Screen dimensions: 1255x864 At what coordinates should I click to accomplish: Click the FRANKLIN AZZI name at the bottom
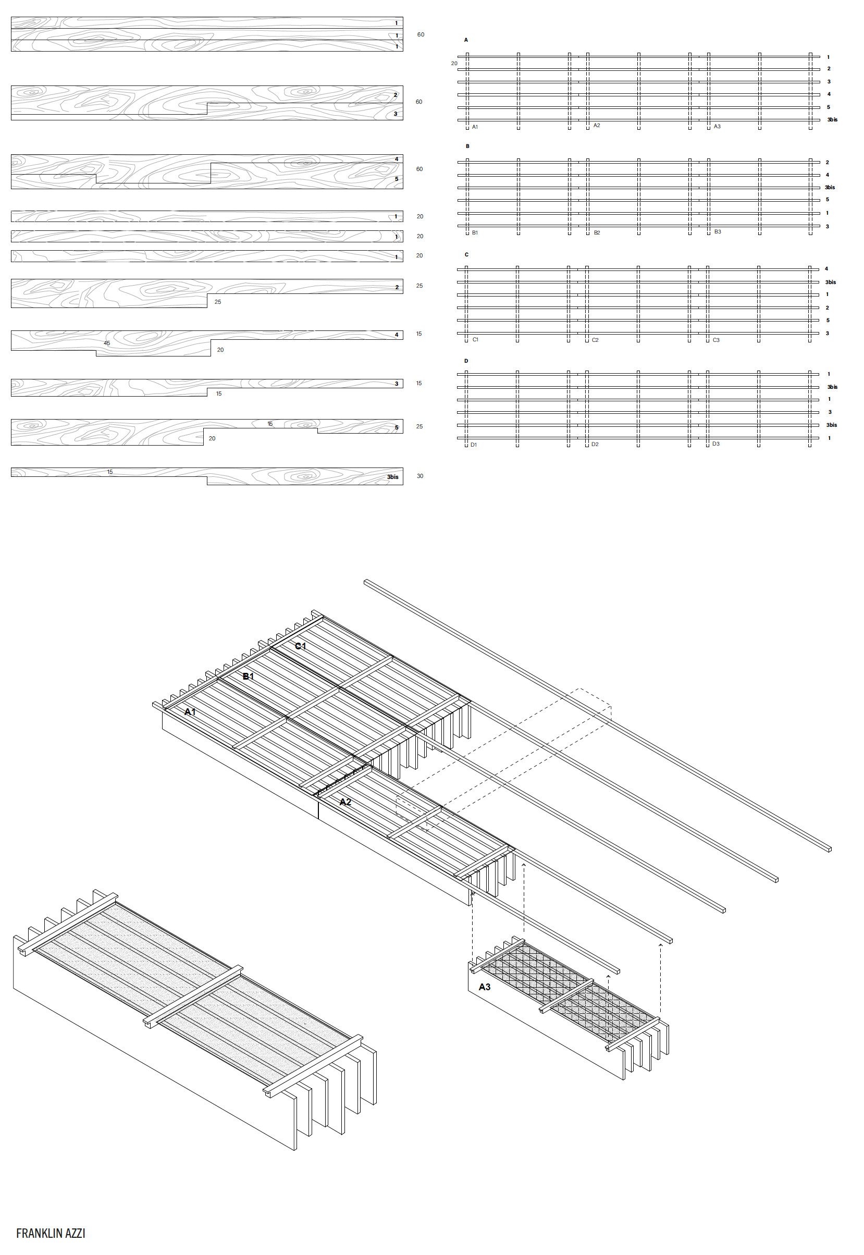51,1233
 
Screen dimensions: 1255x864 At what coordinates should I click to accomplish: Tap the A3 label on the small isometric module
485,987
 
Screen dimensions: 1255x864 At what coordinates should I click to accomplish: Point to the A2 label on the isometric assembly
345,802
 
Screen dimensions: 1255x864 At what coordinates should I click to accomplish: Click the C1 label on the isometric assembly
301,646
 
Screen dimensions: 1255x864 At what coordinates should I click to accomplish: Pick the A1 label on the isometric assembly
190,711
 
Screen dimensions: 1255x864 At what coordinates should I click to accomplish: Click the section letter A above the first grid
466,40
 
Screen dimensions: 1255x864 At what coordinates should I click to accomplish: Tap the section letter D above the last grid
466,361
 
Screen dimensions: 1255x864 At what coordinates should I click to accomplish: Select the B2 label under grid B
597,233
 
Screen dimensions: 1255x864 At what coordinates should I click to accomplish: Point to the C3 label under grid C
716,340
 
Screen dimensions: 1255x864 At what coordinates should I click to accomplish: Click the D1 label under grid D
474,445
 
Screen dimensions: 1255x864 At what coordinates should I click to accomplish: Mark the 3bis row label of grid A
832,120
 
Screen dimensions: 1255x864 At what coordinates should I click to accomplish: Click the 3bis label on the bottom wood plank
392,477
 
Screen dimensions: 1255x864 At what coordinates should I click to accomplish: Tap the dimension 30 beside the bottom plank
420,476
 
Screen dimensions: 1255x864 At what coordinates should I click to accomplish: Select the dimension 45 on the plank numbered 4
107,343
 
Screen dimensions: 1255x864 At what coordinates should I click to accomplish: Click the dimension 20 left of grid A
454,64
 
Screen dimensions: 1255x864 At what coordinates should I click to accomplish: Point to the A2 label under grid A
597,126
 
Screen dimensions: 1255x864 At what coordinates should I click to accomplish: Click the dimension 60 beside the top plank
421,34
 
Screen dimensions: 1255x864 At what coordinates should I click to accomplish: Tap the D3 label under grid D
715,444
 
